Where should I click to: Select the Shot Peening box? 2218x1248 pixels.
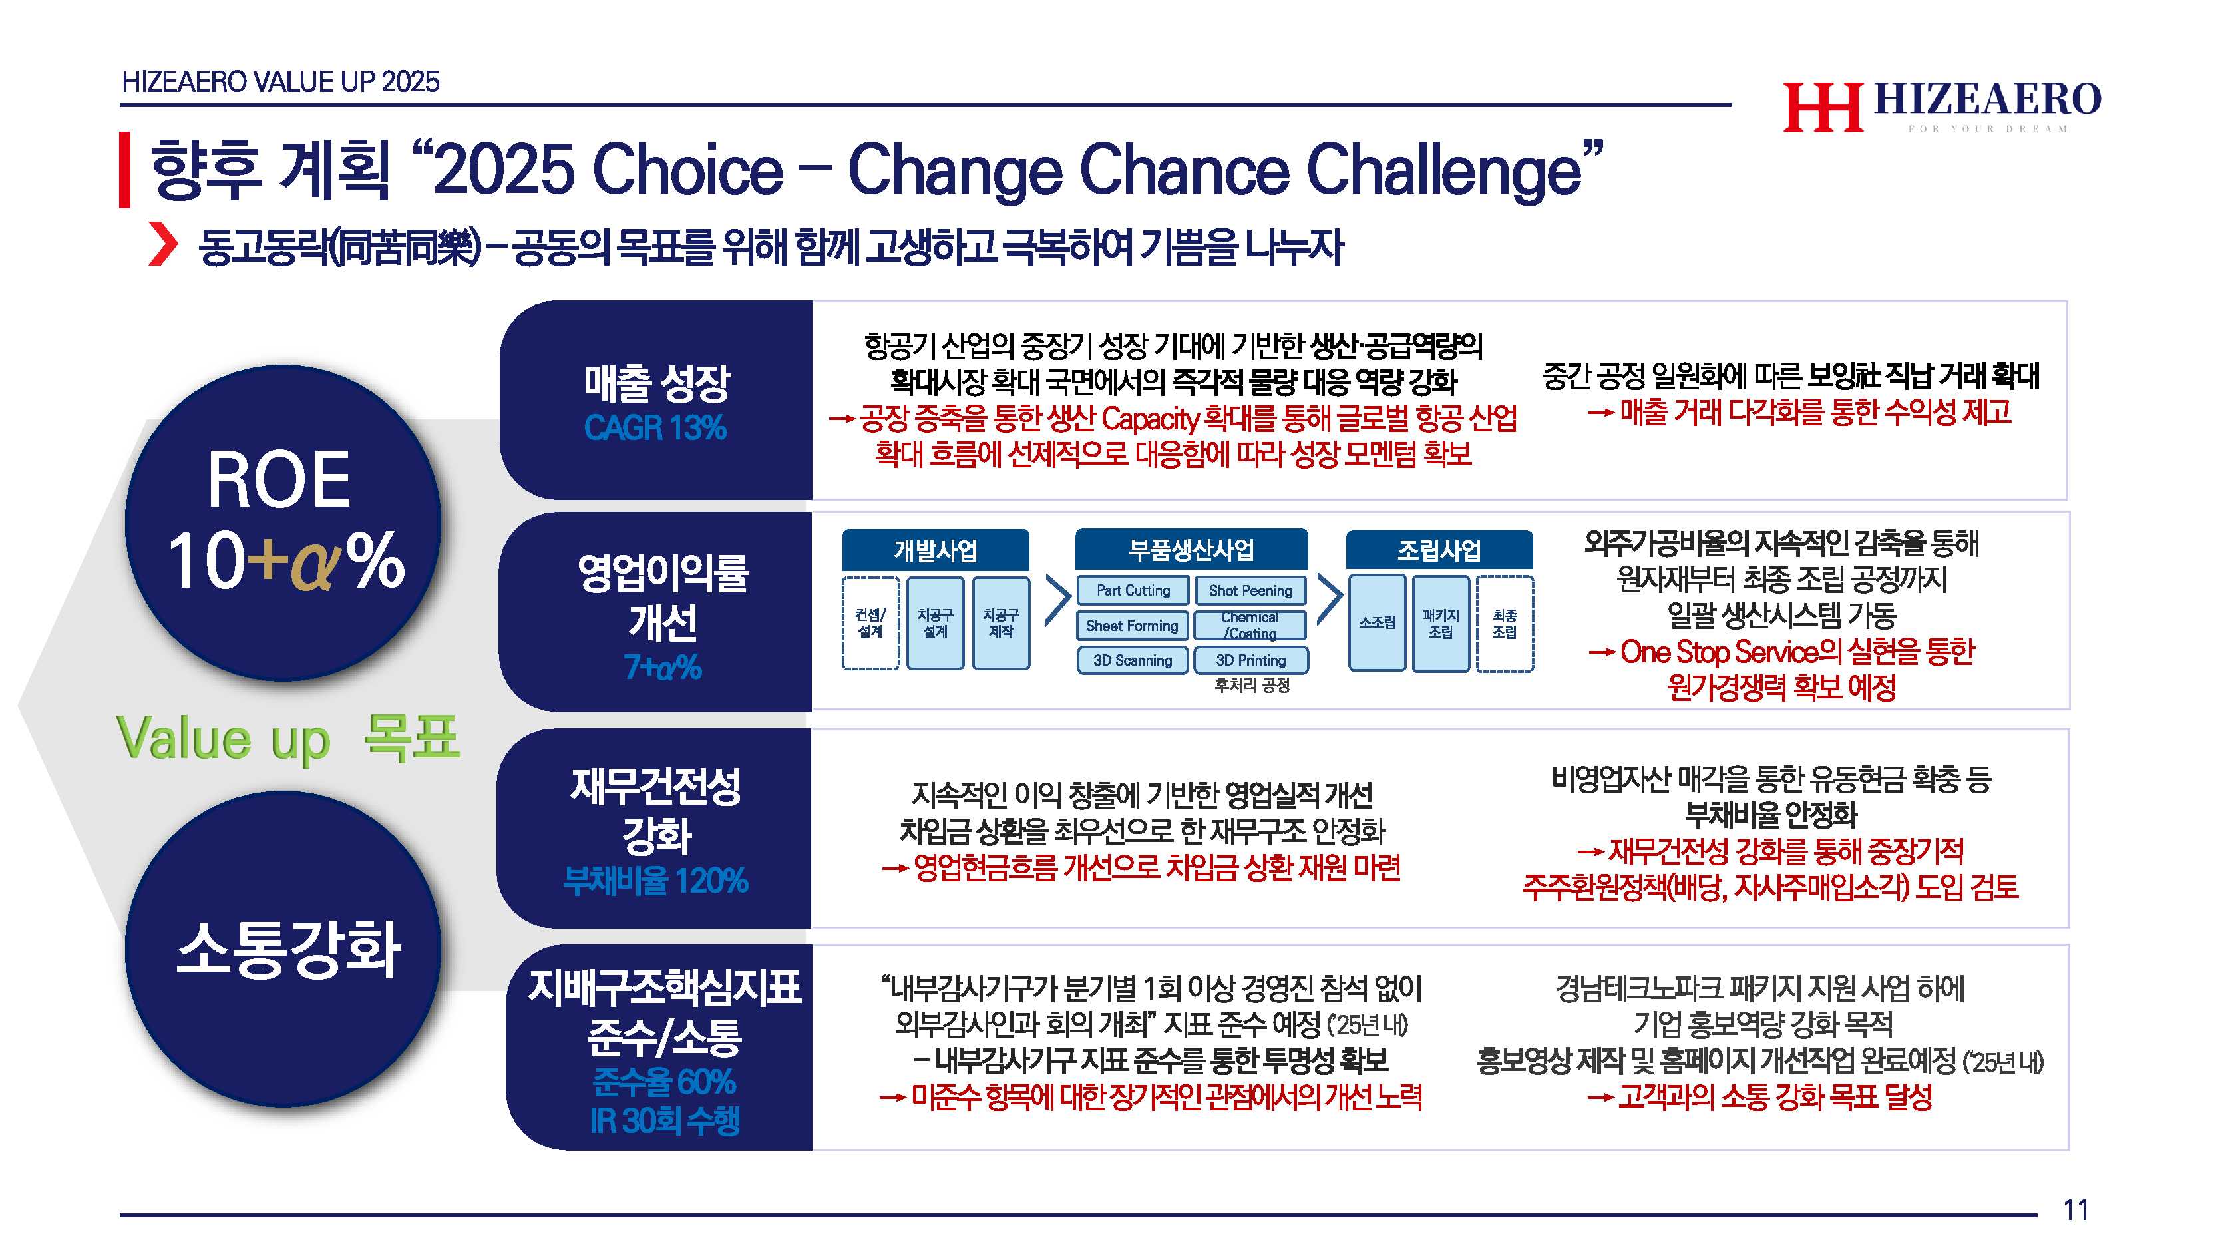click(x=1250, y=591)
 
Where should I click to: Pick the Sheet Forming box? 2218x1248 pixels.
click(x=1132, y=625)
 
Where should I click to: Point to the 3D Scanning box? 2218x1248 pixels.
click(x=1132, y=660)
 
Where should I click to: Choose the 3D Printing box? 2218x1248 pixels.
click(x=1250, y=660)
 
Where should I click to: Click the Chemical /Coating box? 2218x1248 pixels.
click(x=1250, y=625)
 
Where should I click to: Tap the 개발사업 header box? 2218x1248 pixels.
click(x=936, y=550)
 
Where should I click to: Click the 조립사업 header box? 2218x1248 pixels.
click(x=1439, y=550)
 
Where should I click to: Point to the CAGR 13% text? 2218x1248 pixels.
click(x=655, y=428)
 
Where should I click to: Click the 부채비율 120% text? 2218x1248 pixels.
click(x=655, y=880)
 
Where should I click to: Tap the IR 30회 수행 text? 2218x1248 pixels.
click(x=664, y=1120)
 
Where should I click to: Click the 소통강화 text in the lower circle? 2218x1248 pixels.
click(x=288, y=949)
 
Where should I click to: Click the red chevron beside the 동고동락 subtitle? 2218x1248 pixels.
click(x=163, y=244)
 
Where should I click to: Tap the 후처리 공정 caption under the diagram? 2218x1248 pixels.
click(x=1252, y=686)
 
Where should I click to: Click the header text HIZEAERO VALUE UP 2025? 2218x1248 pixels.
click(x=281, y=82)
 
